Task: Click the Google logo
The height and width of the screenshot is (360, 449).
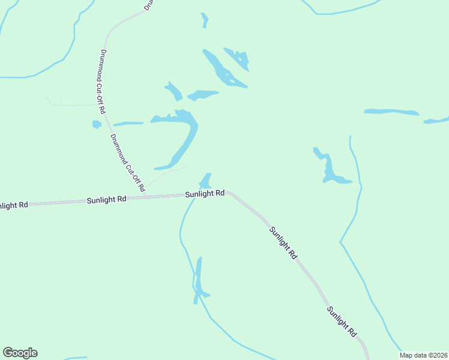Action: (20, 353)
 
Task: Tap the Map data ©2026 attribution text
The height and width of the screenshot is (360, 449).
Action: (423, 355)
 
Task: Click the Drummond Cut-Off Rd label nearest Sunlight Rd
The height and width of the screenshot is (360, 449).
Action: (127, 163)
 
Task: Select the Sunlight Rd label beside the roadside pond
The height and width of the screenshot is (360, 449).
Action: (205, 194)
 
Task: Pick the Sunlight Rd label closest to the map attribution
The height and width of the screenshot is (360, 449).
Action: (342, 321)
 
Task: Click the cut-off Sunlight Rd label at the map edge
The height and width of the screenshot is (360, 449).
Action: (13, 205)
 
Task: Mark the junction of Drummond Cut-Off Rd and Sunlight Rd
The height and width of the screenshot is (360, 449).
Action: (145, 196)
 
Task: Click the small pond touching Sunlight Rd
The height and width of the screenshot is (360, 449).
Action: (206, 181)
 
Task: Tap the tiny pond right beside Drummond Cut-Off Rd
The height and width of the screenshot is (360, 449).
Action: (96, 124)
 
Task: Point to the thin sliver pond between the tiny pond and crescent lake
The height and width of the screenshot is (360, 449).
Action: (128, 124)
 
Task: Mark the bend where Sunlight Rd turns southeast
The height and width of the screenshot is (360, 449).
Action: (230, 194)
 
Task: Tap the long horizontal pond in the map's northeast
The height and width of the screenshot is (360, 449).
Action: (391, 112)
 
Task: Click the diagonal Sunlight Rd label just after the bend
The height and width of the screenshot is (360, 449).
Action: (283, 242)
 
